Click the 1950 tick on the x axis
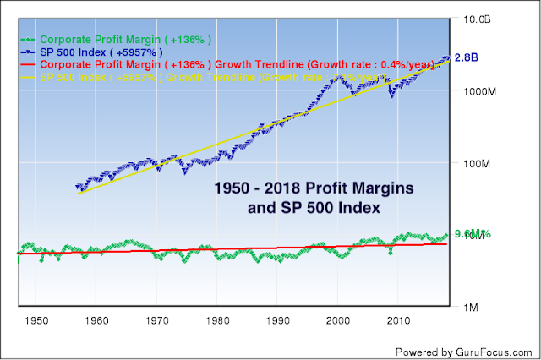[36, 321]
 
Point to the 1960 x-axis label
[96, 321]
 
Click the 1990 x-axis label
[278, 321]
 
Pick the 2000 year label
[338, 321]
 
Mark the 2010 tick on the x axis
[399, 321]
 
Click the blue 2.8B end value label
[467, 58]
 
